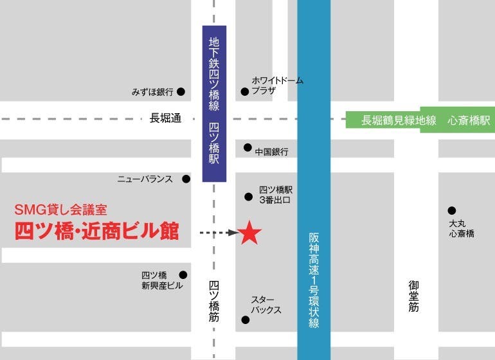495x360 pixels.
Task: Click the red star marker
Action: point(250,233)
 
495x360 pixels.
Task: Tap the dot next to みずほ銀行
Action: point(181,92)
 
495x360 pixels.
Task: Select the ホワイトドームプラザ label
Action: point(277,85)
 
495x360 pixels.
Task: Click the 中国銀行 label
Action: point(271,152)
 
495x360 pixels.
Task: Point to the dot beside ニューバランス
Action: point(186,179)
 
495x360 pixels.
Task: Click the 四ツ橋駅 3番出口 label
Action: point(275,195)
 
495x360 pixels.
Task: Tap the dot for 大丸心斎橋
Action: point(452,210)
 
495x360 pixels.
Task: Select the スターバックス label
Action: point(266,305)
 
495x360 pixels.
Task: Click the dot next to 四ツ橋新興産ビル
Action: point(183,274)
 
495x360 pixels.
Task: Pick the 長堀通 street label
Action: point(166,118)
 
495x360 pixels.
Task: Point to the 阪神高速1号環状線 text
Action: point(314,280)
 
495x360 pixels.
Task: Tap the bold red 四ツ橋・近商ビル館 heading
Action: point(96,231)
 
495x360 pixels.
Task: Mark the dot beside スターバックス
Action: point(245,319)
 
